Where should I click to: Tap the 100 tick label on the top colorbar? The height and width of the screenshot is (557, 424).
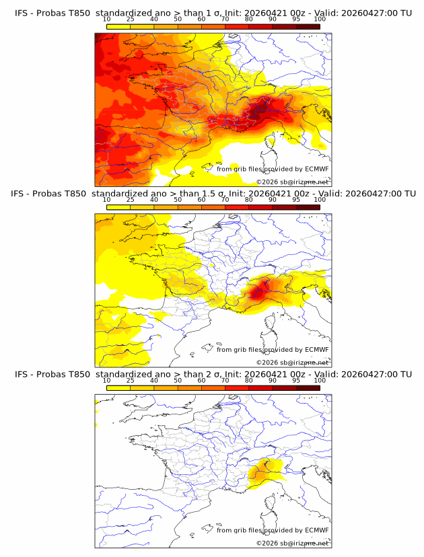click(320, 19)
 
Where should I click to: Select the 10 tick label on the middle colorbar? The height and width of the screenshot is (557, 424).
click(107, 200)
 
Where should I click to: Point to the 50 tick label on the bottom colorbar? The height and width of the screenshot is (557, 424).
click(178, 380)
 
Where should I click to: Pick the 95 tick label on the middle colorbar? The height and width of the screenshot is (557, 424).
click(296, 200)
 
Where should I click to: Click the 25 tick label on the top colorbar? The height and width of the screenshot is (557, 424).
click(131, 19)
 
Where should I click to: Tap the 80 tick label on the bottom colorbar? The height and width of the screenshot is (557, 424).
click(249, 380)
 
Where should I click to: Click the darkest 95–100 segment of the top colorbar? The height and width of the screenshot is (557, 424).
click(308, 26)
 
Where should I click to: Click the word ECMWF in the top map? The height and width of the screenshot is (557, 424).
click(317, 170)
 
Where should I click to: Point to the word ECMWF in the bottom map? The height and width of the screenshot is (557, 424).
click(317, 530)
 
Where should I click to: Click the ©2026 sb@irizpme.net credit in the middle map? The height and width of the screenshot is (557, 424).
click(293, 363)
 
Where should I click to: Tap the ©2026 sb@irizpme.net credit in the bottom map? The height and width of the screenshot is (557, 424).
click(293, 543)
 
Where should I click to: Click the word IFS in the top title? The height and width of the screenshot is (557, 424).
click(22, 13)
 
